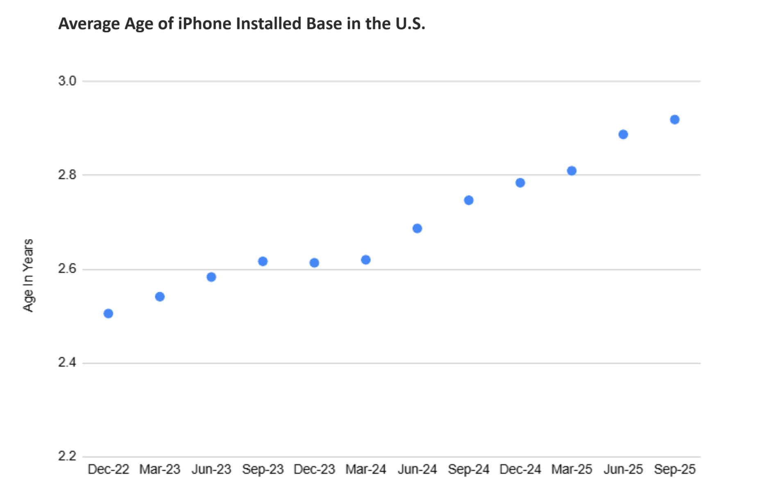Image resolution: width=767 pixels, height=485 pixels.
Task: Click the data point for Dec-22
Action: [108, 314]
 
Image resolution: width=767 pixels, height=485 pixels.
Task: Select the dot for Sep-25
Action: [674, 120]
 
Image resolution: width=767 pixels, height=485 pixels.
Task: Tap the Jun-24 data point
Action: [417, 228]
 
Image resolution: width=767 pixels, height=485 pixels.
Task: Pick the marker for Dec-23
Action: [314, 263]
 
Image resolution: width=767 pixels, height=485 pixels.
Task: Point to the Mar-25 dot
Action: [572, 171]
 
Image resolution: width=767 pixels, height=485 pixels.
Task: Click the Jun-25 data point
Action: [623, 134]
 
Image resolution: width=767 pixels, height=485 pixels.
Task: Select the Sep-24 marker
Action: [469, 200]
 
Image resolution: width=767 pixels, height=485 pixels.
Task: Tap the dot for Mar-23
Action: [160, 297]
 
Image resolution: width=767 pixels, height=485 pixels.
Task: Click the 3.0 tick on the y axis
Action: [67, 81]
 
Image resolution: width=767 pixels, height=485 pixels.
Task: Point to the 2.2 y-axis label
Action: [67, 456]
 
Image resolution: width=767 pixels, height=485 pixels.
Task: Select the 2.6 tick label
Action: [67, 268]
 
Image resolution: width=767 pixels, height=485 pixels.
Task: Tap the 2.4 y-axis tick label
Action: [67, 362]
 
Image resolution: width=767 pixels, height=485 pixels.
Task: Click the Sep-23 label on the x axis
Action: [263, 469]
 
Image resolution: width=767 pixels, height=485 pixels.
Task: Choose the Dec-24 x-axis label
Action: [520, 469]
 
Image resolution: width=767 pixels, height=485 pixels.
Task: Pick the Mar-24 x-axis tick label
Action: [365, 469]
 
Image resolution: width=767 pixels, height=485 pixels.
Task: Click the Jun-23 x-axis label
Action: [211, 469]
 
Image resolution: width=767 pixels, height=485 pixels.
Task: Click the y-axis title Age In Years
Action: [28, 275]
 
